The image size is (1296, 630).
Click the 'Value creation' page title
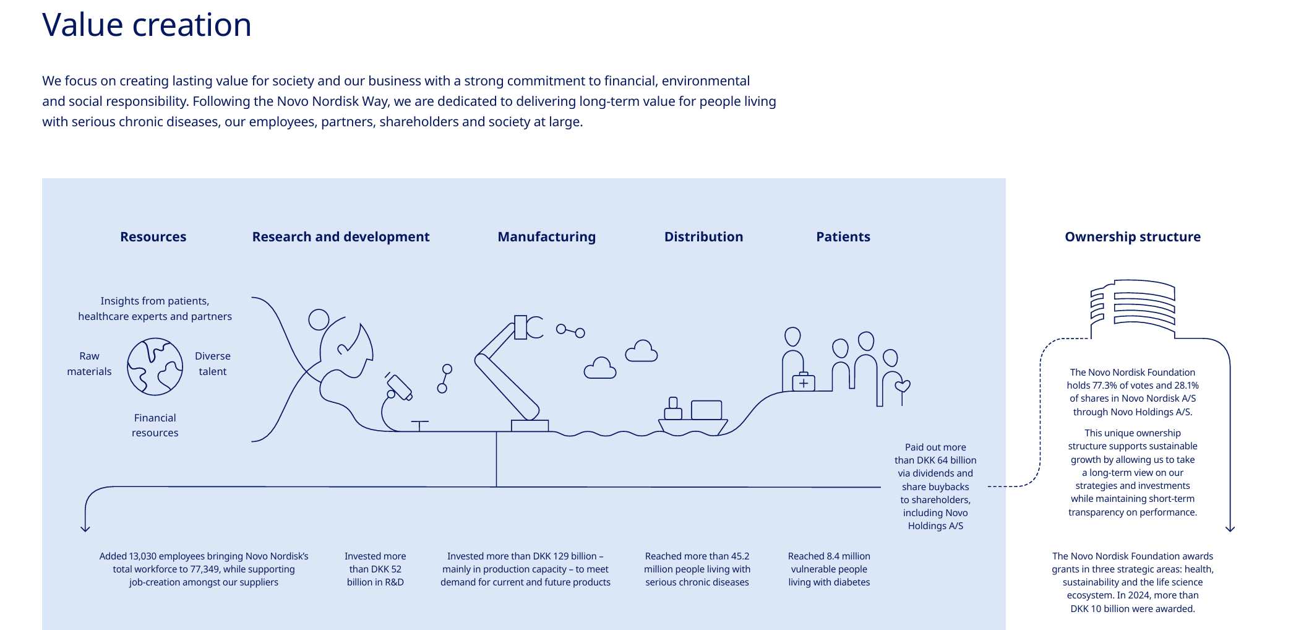coord(147,25)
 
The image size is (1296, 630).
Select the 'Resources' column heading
coord(153,237)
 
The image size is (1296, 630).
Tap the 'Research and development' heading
coord(340,237)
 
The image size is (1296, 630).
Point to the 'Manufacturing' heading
coord(546,237)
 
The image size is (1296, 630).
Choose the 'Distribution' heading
coord(703,237)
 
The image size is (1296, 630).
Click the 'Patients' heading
coord(843,237)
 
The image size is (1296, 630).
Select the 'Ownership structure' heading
coord(1132,237)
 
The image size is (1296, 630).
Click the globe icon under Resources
coord(155,366)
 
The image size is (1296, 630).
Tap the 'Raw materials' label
coord(89,364)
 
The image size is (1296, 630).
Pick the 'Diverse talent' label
coord(212,364)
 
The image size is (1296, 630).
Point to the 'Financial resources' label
coord(155,425)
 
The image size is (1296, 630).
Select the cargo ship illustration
coord(693,418)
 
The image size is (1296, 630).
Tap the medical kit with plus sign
coord(803,382)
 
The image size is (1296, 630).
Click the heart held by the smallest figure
coord(903,386)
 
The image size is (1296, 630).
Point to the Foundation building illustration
coord(1133,306)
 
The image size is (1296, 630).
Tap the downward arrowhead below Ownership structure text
coord(1230,528)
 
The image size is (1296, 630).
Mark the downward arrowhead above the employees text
coord(85,528)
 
